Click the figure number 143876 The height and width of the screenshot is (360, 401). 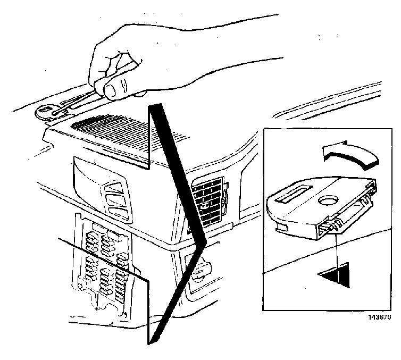click(x=380, y=317)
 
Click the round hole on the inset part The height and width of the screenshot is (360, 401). click(x=328, y=200)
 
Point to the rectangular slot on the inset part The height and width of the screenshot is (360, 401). click(x=294, y=194)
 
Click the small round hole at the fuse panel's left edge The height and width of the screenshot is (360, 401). click(x=81, y=286)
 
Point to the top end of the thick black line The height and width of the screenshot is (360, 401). click(x=155, y=105)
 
